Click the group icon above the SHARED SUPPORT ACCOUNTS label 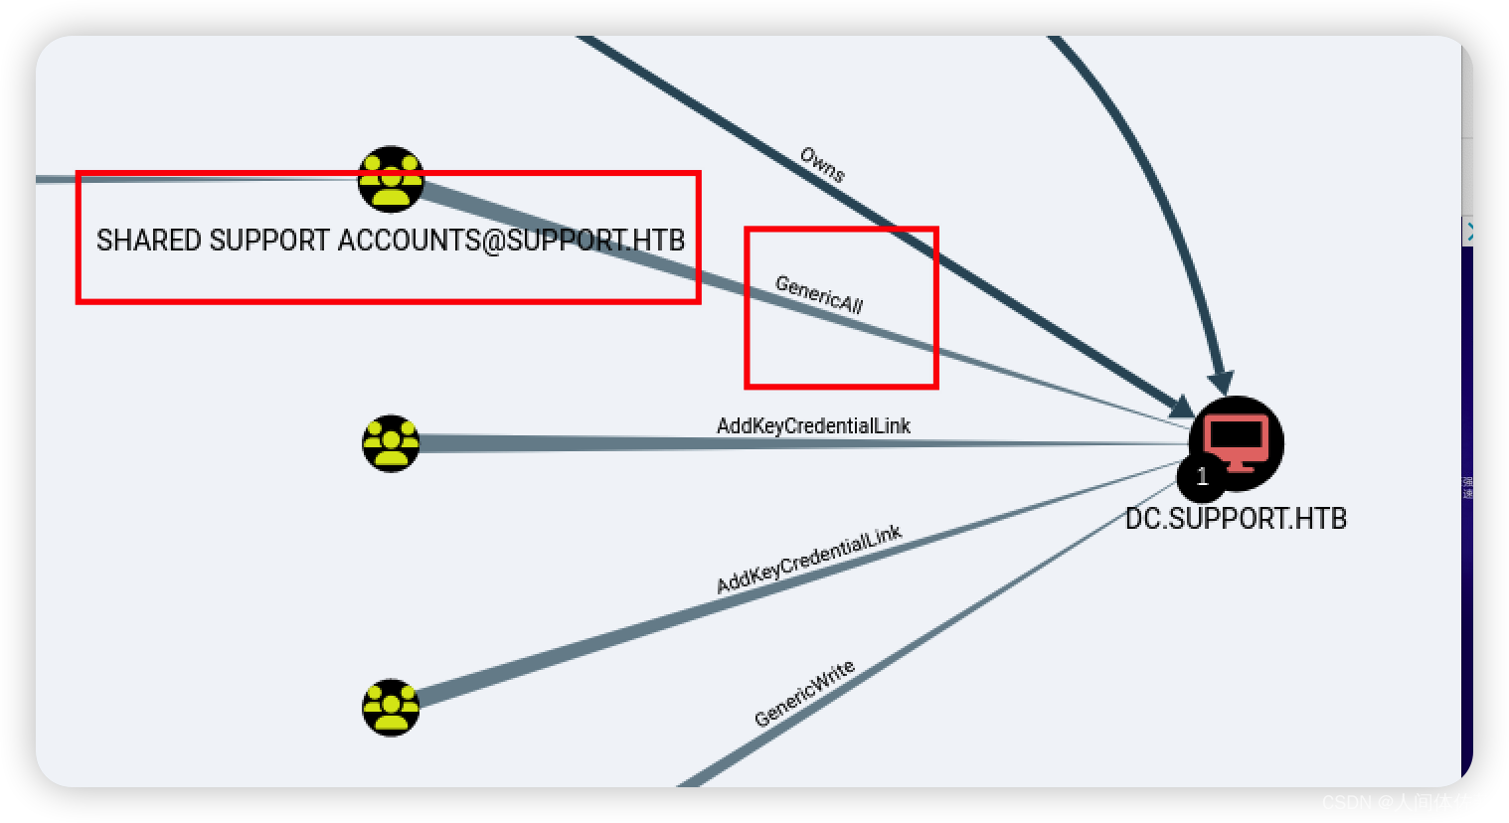coord(391,179)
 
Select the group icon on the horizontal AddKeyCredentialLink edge coord(391,443)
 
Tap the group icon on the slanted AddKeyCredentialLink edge coord(391,708)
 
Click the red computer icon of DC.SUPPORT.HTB coord(1236,439)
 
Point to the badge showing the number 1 coord(1202,477)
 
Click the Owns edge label coord(822,165)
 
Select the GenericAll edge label coord(819,295)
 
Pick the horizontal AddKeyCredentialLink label coord(813,425)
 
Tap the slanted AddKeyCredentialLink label coord(808,559)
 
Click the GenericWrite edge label coord(804,694)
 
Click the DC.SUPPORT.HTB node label coord(1236,519)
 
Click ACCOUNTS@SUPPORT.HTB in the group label coord(511,241)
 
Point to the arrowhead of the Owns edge coord(1182,408)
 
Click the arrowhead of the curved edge coord(1222,383)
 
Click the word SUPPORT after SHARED coord(269,241)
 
